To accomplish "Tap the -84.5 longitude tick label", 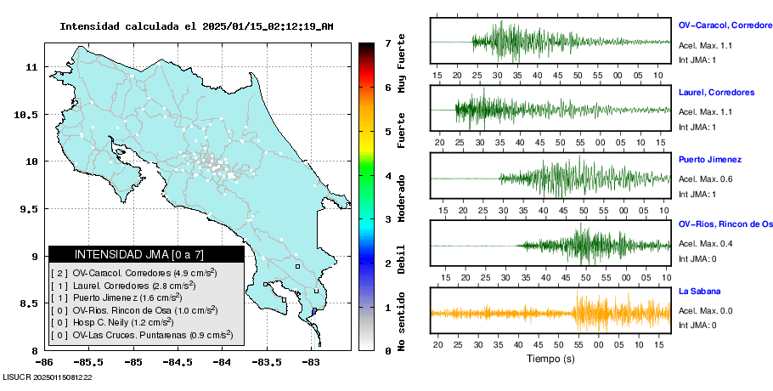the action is click(x=178, y=362).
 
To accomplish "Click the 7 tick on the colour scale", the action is click(x=388, y=43).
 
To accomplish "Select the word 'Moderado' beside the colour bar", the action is click(x=402, y=198).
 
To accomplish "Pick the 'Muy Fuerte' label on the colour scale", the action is click(x=402, y=63).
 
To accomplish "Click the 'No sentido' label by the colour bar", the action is click(x=402, y=321).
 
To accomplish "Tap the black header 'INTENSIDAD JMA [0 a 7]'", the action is click(x=139, y=254).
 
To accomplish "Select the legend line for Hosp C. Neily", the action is click(x=112, y=322).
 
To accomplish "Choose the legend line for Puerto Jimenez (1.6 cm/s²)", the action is click(x=116, y=297).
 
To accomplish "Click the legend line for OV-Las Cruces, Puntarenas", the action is click(x=142, y=335).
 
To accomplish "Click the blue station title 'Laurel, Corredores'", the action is click(x=716, y=92).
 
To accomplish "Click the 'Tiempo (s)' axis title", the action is click(x=550, y=359).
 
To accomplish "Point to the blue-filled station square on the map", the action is click(x=314, y=310).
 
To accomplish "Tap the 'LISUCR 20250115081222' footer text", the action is click(x=48, y=377).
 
